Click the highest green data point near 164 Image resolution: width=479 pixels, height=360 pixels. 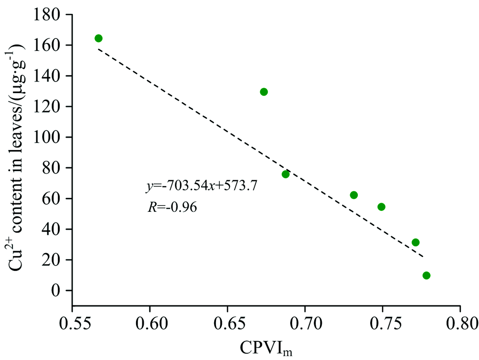(x=98, y=38)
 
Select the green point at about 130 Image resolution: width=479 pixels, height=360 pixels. (x=263, y=92)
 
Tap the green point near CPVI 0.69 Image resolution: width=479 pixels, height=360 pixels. (x=285, y=174)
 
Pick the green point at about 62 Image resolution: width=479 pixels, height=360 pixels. (x=354, y=195)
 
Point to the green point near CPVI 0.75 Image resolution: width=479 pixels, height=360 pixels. (x=381, y=207)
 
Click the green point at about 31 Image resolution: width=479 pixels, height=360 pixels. (x=415, y=243)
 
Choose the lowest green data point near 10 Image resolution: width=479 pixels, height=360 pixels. (x=426, y=275)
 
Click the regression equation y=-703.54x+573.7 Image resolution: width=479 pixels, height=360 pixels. (x=202, y=186)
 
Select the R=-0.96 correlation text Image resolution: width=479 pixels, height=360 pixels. (x=171, y=208)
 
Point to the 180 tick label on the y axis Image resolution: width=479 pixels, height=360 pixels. (x=47, y=15)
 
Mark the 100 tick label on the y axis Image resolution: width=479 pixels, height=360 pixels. (x=47, y=138)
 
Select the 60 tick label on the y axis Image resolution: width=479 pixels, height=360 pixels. (x=51, y=198)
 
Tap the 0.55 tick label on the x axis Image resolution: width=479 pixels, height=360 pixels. (x=72, y=321)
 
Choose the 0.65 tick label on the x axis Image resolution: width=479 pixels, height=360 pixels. (x=228, y=321)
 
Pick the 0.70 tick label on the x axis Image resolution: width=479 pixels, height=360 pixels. (x=305, y=321)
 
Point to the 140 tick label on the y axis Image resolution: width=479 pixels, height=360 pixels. (x=47, y=76)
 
